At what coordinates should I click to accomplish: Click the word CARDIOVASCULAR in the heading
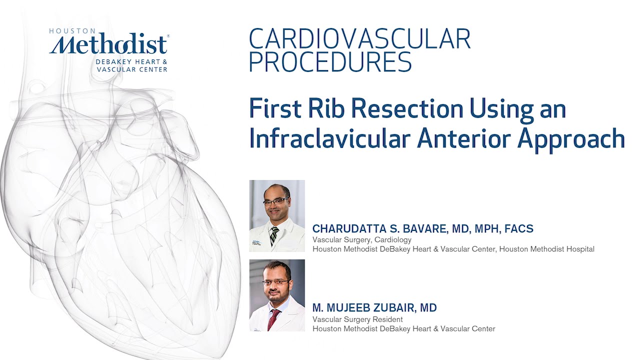[x=359, y=39]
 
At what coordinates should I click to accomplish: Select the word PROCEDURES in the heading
[x=330, y=62]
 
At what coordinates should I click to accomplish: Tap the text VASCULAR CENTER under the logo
[x=132, y=69]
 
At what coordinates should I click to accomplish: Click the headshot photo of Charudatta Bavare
[x=277, y=215]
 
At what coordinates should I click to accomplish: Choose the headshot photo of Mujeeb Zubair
[x=277, y=295]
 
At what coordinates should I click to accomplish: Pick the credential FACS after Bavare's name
[x=519, y=229]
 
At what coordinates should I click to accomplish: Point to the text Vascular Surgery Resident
[x=357, y=319]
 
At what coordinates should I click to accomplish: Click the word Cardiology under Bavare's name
[x=394, y=240]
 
